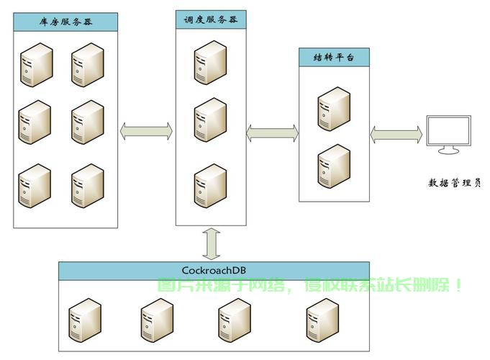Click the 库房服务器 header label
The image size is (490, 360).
65,22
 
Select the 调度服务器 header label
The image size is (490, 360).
211,19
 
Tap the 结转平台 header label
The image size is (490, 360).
334,57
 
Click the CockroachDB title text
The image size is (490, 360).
214,270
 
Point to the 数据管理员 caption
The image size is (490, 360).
454,183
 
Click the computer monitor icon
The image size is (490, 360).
449,135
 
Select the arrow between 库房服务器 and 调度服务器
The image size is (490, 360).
146,131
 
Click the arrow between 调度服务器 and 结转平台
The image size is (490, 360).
273,133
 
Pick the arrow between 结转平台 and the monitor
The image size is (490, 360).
396,135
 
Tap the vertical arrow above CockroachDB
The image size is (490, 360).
212,244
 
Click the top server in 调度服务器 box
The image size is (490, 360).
210,63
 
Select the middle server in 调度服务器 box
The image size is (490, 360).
210,120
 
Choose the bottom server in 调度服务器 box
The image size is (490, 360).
210,186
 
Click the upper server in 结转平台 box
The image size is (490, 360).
334,109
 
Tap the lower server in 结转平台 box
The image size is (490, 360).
334,166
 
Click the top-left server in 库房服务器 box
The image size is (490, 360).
37,65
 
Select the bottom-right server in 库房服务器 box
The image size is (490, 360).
88,186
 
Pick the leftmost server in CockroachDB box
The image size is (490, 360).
85,320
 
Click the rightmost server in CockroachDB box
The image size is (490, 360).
322,320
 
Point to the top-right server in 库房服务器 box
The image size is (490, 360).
88,65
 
